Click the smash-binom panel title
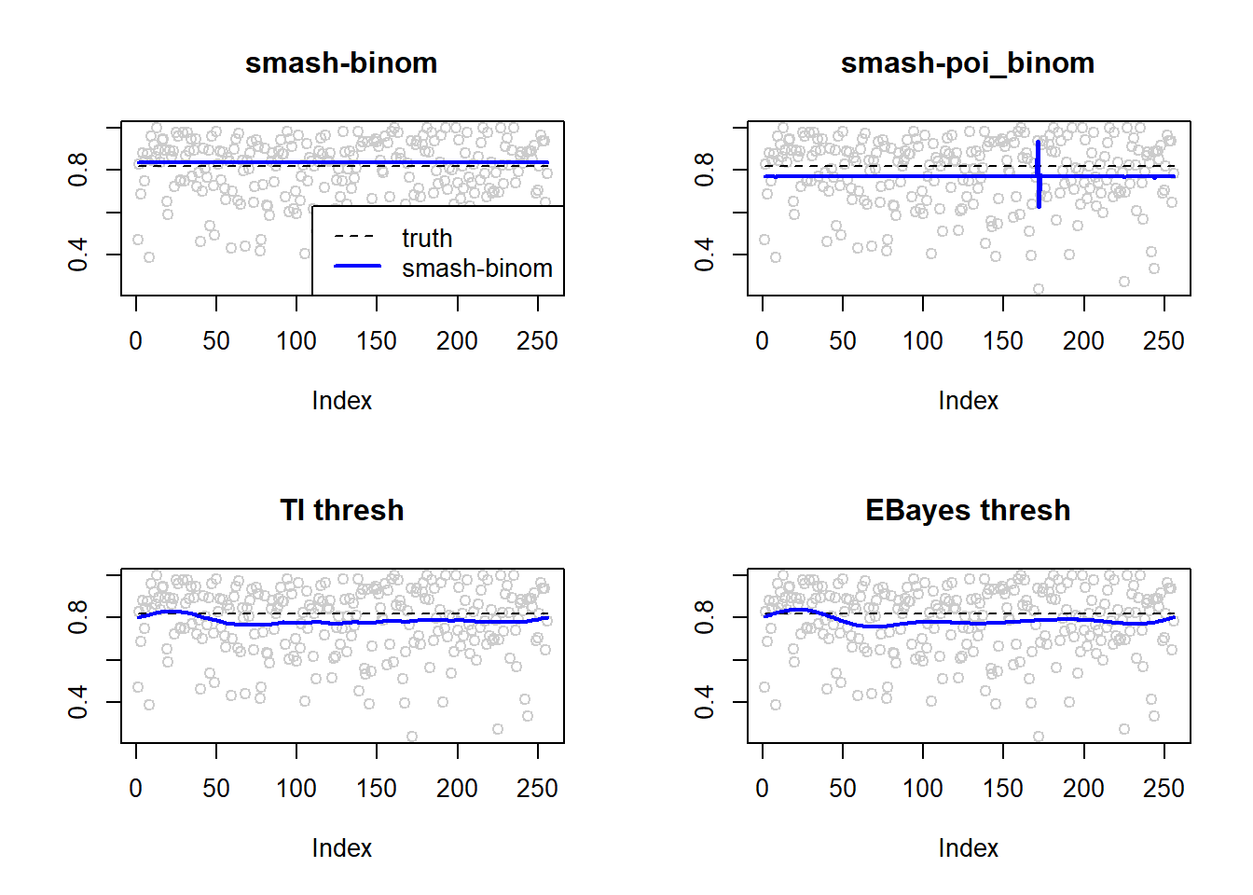(x=341, y=63)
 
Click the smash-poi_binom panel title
(x=968, y=63)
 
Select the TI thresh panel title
(x=342, y=510)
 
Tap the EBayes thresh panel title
(x=968, y=511)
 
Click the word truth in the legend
(x=427, y=239)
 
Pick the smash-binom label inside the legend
(x=477, y=268)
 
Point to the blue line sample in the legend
(x=357, y=266)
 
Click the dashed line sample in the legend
(x=354, y=236)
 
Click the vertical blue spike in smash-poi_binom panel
(x=1039, y=174)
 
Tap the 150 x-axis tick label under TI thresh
(x=377, y=789)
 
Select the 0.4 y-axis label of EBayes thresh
(x=704, y=702)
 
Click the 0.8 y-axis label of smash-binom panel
(x=77, y=170)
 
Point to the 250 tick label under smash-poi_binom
(x=1163, y=341)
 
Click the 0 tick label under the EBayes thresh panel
(x=762, y=789)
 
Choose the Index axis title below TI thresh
(x=342, y=848)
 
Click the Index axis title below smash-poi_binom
(x=969, y=401)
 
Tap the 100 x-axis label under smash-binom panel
(x=296, y=341)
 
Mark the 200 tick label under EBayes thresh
(x=1083, y=789)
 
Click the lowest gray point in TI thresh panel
(x=412, y=737)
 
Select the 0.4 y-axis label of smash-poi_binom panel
(x=704, y=255)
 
